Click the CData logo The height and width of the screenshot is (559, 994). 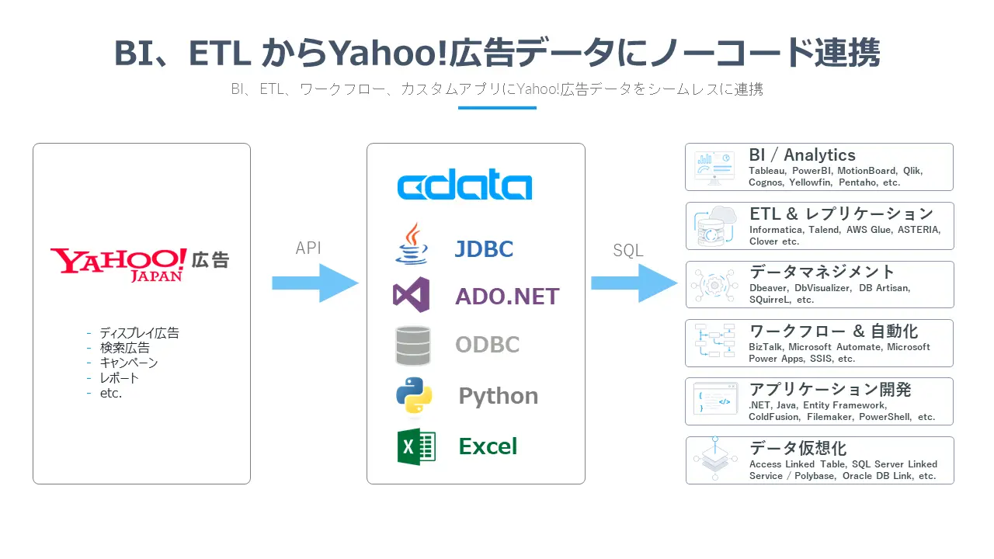pos(464,186)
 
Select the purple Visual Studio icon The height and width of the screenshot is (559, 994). pos(412,295)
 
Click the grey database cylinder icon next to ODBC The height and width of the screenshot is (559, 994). pos(412,345)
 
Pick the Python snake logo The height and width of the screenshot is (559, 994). pos(414,395)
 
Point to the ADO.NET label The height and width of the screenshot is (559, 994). pos(507,296)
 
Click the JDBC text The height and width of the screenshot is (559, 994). pos(484,249)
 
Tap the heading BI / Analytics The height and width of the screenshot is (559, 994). pos(802,155)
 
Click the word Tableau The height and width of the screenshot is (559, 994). pos(766,171)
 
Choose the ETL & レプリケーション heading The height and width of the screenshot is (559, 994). pos(841,214)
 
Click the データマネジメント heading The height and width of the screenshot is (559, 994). pos(822,272)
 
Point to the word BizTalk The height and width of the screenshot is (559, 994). pos(766,347)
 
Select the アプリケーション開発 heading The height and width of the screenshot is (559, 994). pos(830,389)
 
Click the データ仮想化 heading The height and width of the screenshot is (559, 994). pos(798,448)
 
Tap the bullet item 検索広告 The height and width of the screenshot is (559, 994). pos(124,348)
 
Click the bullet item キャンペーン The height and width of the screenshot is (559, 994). pos(128,363)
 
